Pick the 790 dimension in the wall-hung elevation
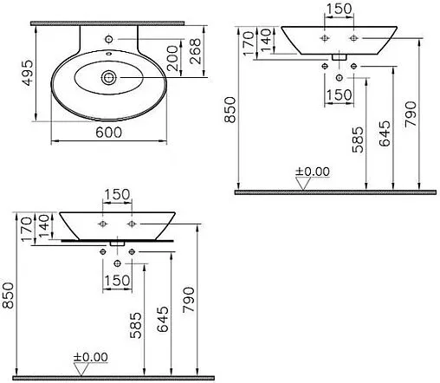[410, 112]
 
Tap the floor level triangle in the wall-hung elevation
[304, 182]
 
